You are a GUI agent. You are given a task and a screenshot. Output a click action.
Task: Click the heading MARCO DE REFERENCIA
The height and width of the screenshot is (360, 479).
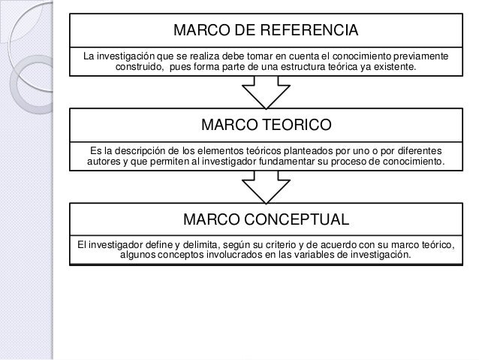(267, 32)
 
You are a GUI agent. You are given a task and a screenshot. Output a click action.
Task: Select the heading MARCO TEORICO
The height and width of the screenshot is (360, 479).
(267, 123)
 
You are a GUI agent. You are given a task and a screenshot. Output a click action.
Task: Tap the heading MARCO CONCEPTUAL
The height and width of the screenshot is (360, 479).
(267, 219)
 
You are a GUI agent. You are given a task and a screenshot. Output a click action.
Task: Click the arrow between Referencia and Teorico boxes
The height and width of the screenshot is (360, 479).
(267, 93)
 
